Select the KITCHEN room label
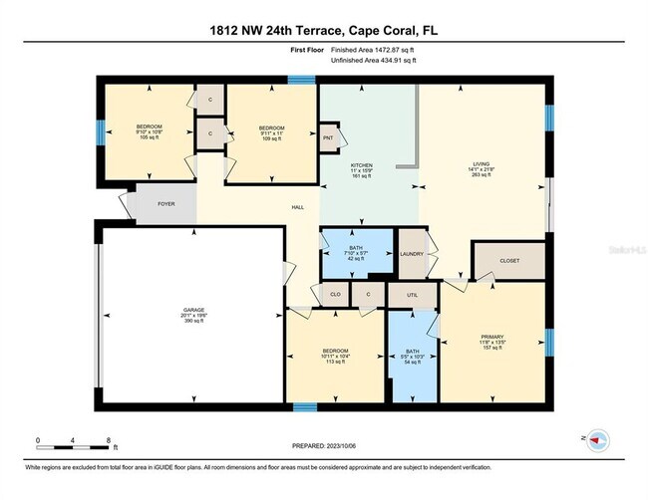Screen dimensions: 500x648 coord(361,164)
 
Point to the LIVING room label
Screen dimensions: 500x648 coord(482,164)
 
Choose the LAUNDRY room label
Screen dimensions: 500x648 coord(412,254)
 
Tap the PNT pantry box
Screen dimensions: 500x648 coord(327,137)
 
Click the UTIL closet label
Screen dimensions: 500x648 coord(412,295)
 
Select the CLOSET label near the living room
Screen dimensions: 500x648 coord(509,260)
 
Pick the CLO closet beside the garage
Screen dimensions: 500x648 coord(336,295)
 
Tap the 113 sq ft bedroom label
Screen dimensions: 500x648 coord(335,352)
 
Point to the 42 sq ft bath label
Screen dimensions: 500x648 coord(356,248)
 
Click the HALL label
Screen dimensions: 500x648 coord(297,207)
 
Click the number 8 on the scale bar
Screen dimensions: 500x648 coord(108,439)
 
